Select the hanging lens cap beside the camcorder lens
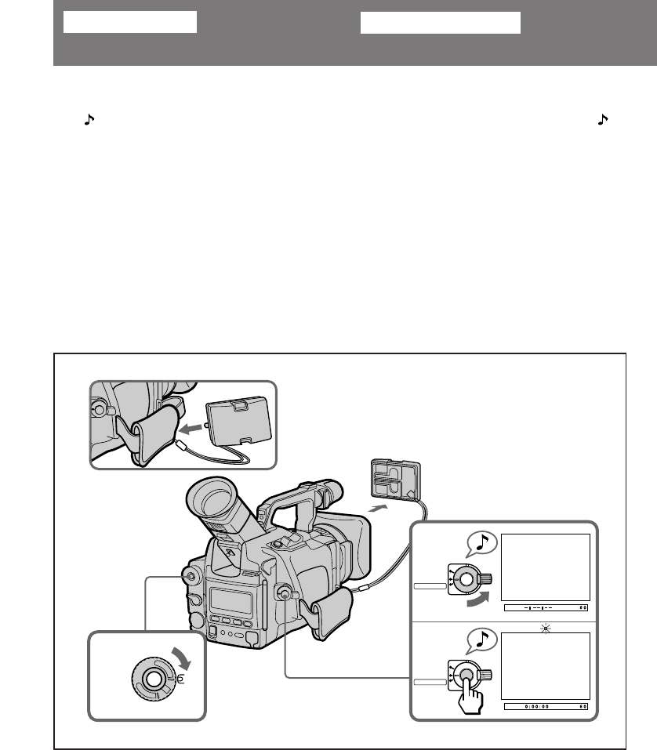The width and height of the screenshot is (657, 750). (x=395, y=480)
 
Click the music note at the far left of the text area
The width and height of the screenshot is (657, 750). (x=89, y=120)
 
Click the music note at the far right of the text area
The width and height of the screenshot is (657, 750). (x=602, y=120)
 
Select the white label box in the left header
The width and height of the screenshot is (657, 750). (x=129, y=23)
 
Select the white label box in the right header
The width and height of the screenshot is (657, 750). (x=441, y=23)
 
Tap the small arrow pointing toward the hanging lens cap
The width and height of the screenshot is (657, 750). (x=377, y=509)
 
